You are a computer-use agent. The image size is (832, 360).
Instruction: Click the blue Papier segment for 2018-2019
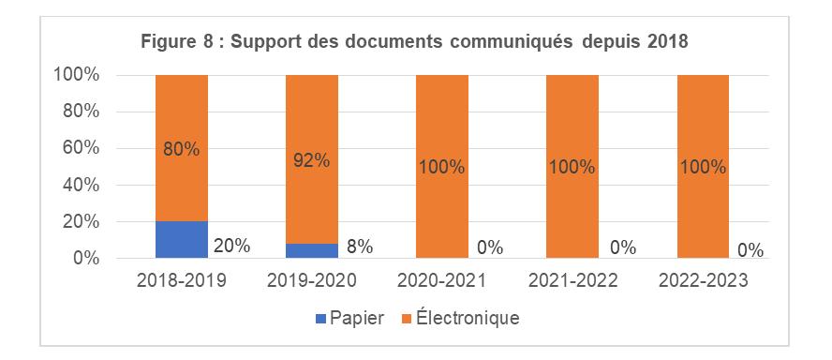tap(182, 239)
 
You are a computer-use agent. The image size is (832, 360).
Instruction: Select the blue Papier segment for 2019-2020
tap(311, 250)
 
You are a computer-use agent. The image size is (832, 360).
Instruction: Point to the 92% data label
tap(311, 159)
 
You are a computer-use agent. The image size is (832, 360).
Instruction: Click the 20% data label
tap(231, 247)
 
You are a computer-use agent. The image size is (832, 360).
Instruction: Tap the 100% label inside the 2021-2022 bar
tap(572, 168)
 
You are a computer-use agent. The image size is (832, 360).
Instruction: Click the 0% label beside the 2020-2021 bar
tap(489, 247)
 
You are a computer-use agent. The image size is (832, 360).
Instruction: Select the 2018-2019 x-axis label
tap(181, 280)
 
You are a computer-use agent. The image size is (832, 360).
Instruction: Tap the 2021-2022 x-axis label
tap(572, 280)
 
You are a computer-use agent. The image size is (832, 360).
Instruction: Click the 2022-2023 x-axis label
tap(703, 280)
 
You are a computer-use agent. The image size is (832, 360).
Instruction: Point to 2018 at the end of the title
tap(667, 41)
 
